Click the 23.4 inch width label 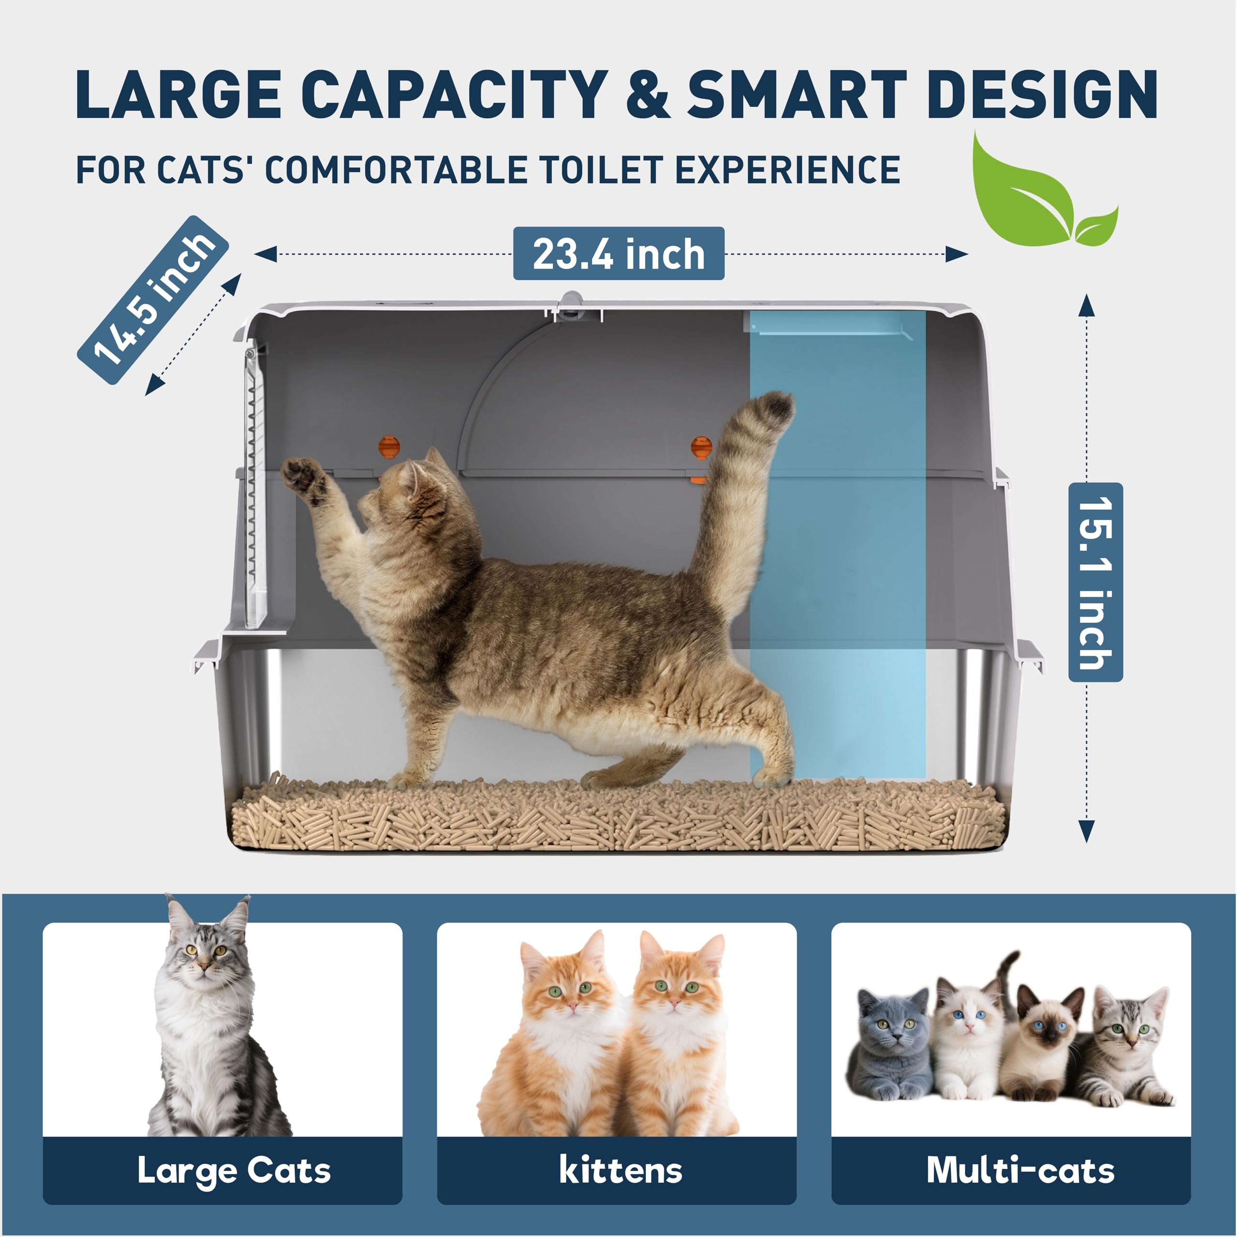point(618,254)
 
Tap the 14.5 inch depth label point(153,300)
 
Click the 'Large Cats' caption point(234,1170)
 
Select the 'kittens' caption point(620,1170)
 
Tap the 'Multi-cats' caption point(1021,1170)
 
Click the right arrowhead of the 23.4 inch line point(957,254)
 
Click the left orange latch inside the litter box point(388,446)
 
